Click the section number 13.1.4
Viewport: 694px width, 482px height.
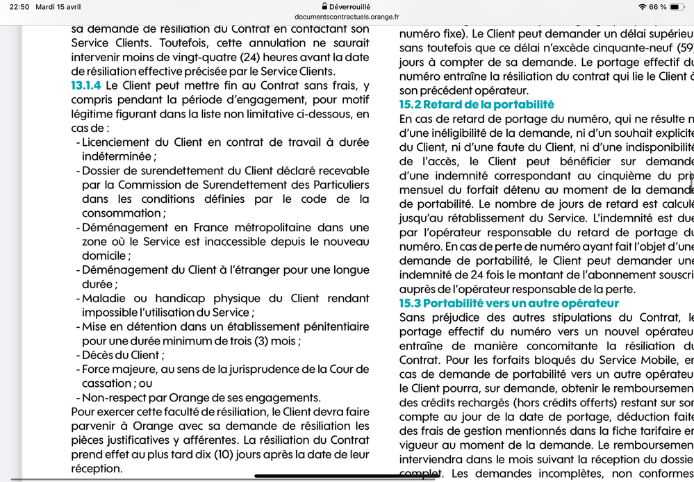coord(85,86)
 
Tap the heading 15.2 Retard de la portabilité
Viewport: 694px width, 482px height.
coord(477,105)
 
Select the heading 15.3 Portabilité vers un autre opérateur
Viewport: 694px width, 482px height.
coord(509,304)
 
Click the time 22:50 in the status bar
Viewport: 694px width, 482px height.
coord(19,7)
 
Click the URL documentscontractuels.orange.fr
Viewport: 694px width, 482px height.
coord(347,17)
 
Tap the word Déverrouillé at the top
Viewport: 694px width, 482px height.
coord(352,6)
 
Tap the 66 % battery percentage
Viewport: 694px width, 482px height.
coord(658,7)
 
